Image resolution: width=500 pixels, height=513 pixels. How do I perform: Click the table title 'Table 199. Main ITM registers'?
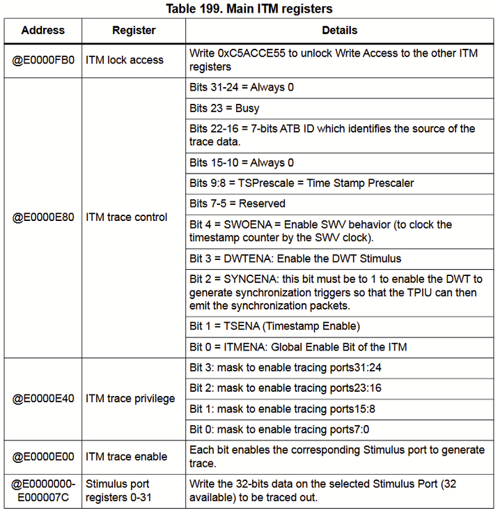click(250, 9)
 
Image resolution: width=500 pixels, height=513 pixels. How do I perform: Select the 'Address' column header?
click(42, 31)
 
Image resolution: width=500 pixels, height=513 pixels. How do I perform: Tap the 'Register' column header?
click(134, 31)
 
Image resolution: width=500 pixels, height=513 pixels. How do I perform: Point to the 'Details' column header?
click(340, 31)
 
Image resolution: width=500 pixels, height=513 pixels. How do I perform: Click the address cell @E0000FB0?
click(43, 61)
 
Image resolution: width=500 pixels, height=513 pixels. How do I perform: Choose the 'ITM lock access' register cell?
click(125, 61)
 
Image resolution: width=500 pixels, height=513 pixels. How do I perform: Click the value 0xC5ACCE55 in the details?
click(251, 54)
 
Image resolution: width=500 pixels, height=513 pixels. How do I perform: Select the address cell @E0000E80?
click(43, 217)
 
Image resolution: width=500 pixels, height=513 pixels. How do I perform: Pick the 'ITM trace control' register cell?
click(127, 217)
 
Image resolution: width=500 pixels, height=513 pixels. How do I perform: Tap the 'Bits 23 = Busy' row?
click(224, 108)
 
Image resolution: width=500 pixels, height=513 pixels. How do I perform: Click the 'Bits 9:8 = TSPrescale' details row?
click(302, 183)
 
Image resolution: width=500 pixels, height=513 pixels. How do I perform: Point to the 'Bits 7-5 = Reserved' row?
click(237, 204)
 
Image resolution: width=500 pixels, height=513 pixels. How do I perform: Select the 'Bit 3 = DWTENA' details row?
click(295, 259)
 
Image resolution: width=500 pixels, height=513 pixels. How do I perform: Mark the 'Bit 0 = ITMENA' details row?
click(298, 347)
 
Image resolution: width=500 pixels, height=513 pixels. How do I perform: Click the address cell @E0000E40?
click(43, 399)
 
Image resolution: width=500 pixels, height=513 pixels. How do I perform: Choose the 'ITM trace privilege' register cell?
click(130, 399)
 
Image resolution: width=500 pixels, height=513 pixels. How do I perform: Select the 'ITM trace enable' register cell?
click(127, 457)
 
